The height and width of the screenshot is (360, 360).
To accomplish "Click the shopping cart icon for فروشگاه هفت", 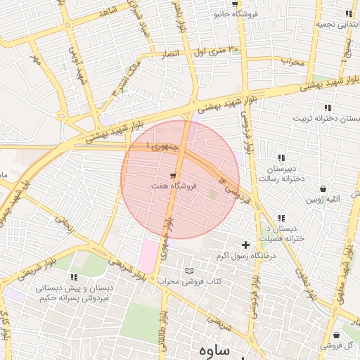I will pos(174,174).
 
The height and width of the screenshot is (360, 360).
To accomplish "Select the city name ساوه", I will pos(215,350).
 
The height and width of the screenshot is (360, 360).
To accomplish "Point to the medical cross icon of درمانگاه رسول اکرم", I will pos(245,245).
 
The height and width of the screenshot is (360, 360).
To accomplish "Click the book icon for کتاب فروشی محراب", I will pos(188,271).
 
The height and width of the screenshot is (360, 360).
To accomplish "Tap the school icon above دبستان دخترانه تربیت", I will pos(328,108).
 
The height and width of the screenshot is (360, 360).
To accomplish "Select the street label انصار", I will pos(174,54).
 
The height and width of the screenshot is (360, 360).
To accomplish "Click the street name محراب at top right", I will pos(294,61).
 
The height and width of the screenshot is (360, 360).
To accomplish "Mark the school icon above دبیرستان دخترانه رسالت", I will pos(281,157).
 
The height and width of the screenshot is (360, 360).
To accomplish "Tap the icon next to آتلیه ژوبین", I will pos(323,188).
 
